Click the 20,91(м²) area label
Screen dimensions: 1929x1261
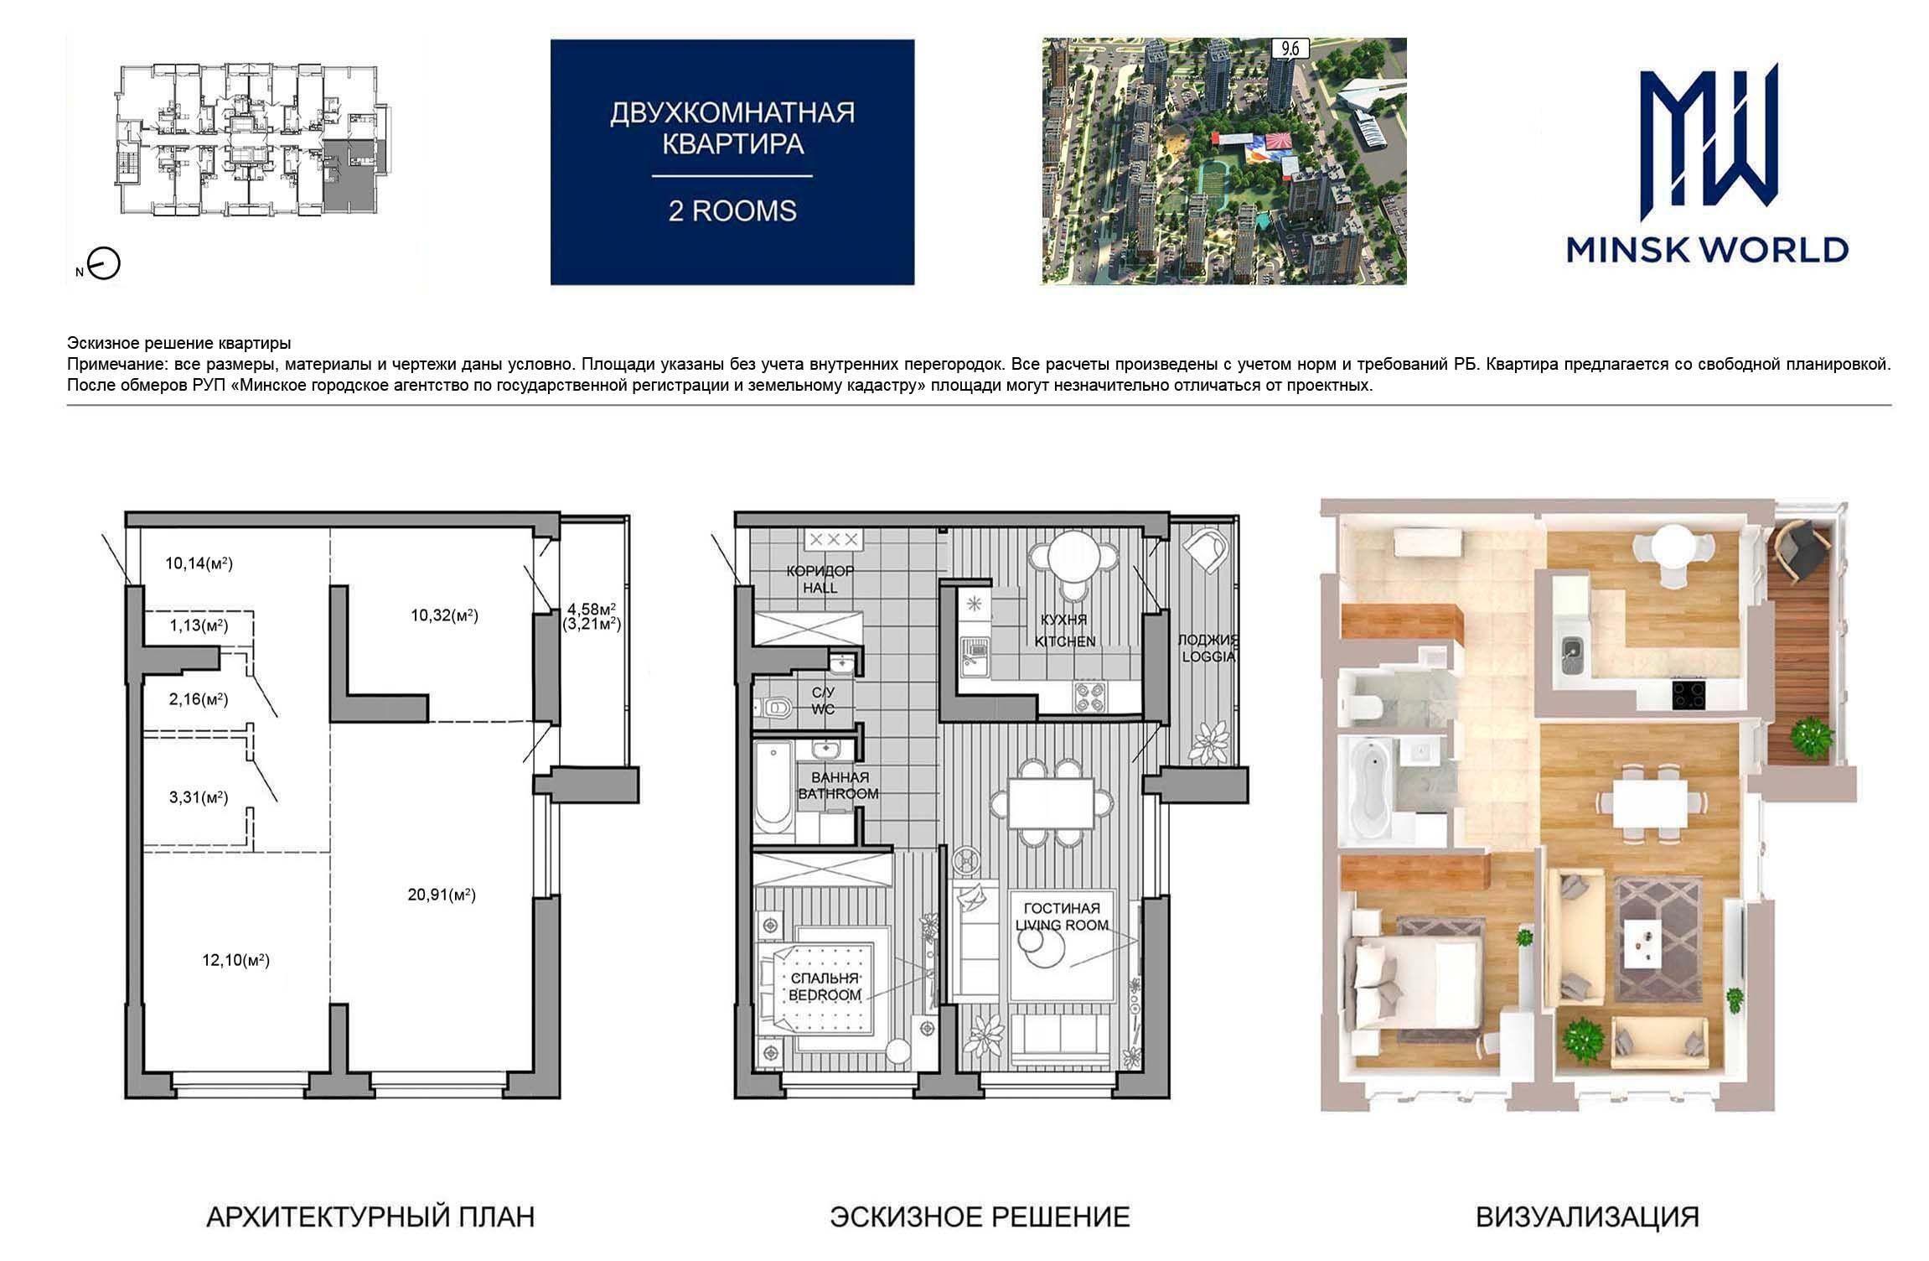(442, 895)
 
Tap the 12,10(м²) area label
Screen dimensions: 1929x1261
(235, 960)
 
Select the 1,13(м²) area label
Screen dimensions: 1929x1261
(199, 625)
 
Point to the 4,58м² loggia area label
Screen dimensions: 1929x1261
(592, 608)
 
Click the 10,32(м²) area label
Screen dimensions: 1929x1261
(444, 615)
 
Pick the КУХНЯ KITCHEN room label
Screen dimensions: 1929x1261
(1064, 630)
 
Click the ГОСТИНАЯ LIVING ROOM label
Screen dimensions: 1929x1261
(1062, 916)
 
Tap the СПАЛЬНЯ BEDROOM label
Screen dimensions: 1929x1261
(825, 987)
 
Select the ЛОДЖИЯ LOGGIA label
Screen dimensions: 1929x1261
(1208, 648)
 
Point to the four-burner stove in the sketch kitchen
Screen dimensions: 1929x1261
(1089, 698)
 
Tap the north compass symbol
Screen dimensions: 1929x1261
(105, 265)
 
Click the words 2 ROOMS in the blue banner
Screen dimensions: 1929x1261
(732, 210)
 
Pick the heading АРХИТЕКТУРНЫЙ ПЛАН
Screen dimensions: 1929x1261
(370, 1217)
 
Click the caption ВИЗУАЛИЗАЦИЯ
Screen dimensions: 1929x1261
(1588, 1217)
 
